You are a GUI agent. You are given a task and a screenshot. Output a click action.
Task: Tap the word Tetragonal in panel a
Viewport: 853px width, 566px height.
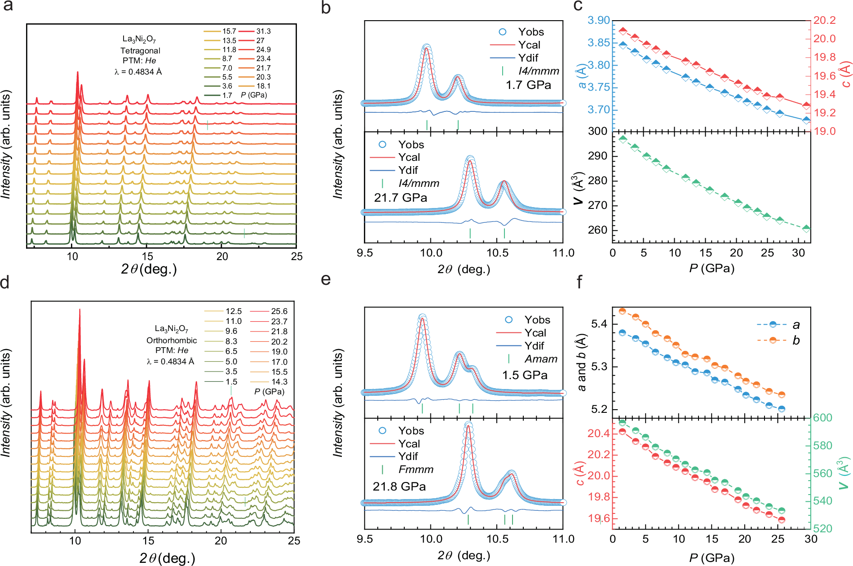[x=140, y=50]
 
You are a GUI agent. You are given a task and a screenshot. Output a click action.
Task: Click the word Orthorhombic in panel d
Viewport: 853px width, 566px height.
[x=172, y=340]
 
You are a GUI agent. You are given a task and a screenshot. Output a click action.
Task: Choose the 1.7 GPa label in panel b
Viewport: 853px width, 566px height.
[x=528, y=84]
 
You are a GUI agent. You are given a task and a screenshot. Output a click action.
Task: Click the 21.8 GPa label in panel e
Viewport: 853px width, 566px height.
[x=399, y=486]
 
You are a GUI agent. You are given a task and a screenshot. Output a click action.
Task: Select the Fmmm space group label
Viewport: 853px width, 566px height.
[x=416, y=469]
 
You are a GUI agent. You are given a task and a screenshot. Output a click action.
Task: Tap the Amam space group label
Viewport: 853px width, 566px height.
[x=541, y=359]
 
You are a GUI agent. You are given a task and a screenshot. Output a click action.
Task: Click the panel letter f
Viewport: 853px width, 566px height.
[x=579, y=282]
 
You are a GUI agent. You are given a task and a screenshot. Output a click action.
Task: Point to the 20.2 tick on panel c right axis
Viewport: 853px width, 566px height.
[x=825, y=20]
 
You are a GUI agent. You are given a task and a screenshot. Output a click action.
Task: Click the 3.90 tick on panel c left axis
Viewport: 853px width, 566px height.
[x=599, y=20]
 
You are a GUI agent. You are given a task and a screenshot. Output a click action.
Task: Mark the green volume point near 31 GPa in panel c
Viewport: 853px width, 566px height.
[x=806, y=228]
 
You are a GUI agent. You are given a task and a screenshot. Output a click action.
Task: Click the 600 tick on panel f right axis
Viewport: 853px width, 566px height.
[x=823, y=418]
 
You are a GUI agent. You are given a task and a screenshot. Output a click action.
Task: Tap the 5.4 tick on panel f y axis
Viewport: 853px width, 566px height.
[x=600, y=324]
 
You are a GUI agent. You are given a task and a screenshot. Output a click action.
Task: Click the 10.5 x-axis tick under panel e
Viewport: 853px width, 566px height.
[x=497, y=539]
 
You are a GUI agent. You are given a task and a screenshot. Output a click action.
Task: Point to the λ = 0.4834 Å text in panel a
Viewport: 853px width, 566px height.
[x=138, y=71]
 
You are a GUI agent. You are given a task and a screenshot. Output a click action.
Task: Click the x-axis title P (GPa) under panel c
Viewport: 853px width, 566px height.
[x=712, y=269]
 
